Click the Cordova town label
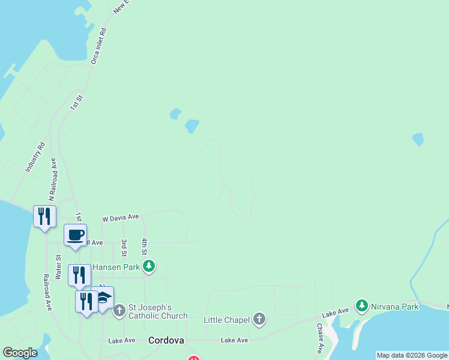click(x=166, y=340)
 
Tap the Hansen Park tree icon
click(x=149, y=266)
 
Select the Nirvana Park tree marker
click(x=361, y=306)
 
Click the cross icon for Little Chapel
click(x=259, y=319)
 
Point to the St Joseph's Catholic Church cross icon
click(x=119, y=310)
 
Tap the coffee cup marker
click(x=76, y=235)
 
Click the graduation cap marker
click(x=103, y=298)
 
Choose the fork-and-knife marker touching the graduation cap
click(x=86, y=301)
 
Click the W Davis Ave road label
click(x=120, y=217)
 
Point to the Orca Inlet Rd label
click(x=98, y=46)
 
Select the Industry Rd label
click(x=35, y=158)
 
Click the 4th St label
click(x=145, y=245)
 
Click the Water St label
click(x=58, y=267)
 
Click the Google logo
click(x=20, y=353)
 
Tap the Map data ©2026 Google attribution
click(x=412, y=355)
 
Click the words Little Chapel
click(x=226, y=320)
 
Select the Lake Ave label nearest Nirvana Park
click(x=335, y=313)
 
